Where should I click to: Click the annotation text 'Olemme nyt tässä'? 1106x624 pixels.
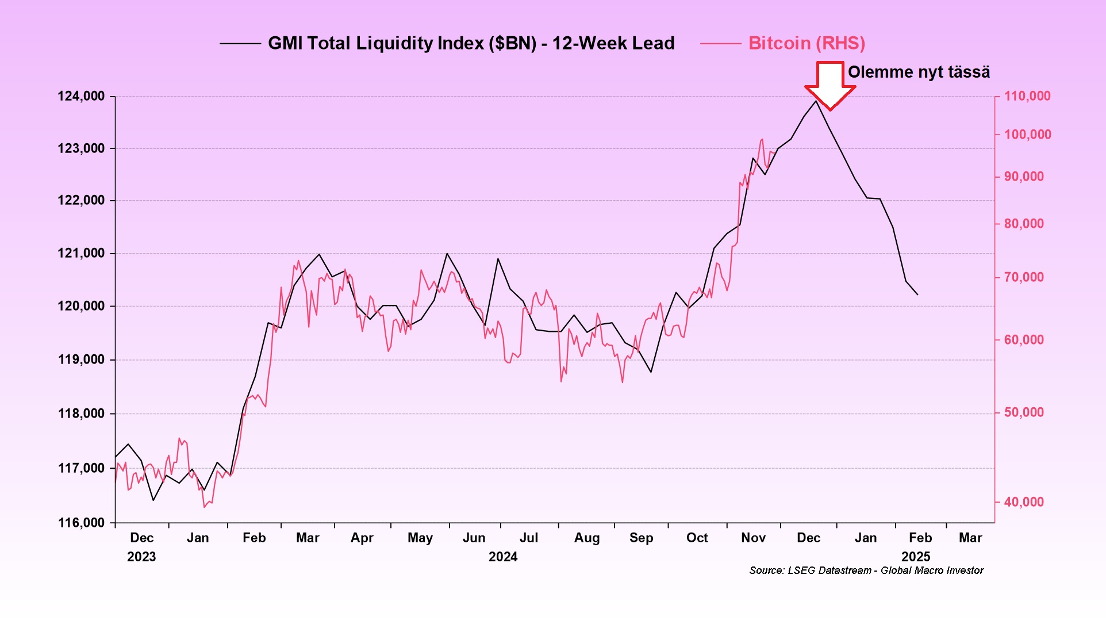(919, 72)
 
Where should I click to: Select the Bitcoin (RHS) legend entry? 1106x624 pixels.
(806, 44)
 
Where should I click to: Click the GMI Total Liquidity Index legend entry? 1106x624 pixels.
(471, 44)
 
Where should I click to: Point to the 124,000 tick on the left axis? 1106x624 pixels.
(81, 96)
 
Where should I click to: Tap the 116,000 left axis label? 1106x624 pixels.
(81, 523)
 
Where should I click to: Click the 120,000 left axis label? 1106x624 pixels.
(81, 306)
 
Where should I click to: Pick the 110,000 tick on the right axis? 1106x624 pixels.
(1027, 96)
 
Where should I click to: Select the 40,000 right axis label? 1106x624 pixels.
(1024, 502)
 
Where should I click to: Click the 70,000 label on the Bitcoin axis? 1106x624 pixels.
(1024, 277)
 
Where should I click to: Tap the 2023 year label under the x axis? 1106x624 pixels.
(141, 557)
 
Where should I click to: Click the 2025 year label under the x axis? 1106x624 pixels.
(916, 557)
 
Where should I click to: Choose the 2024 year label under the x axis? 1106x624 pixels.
(503, 557)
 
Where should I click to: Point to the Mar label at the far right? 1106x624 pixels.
(970, 538)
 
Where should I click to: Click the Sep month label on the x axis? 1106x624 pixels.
(641, 538)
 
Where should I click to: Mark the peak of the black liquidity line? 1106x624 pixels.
(815, 101)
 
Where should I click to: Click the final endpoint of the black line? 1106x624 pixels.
(917, 294)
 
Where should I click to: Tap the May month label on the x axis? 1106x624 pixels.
(420, 538)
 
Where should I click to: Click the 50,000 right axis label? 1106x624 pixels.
(1024, 412)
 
